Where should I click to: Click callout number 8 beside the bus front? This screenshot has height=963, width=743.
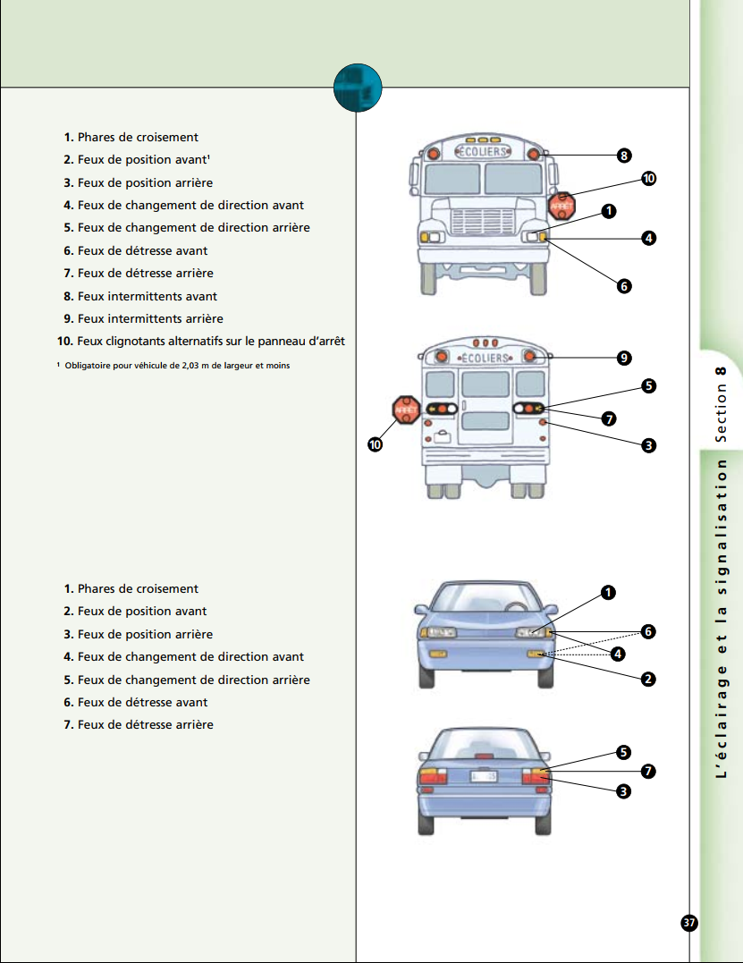click(x=624, y=156)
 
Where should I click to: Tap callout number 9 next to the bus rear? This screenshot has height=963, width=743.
click(x=624, y=358)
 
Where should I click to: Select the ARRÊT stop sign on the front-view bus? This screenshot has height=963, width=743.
click(x=561, y=207)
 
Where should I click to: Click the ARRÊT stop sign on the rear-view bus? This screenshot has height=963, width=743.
click(x=406, y=410)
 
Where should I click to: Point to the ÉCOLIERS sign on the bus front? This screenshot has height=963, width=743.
click(x=483, y=151)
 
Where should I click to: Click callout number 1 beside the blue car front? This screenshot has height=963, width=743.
click(x=608, y=593)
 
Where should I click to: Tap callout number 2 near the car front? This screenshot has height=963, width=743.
click(x=648, y=680)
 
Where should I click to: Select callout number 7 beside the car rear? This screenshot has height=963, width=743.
click(x=648, y=771)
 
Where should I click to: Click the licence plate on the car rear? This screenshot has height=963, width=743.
click(x=483, y=776)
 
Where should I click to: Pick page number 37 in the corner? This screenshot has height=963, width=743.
click(x=689, y=923)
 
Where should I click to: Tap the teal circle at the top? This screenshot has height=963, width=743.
click(x=358, y=88)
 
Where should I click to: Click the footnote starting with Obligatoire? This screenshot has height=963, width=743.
click(x=173, y=366)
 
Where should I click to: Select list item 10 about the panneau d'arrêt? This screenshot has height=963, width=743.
click(x=201, y=341)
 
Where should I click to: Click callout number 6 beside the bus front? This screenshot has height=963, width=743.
click(x=624, y=286)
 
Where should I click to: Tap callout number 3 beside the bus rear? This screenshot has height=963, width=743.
click(x=648, y=445)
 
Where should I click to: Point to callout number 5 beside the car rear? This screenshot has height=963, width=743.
click(x=623, y=752)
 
